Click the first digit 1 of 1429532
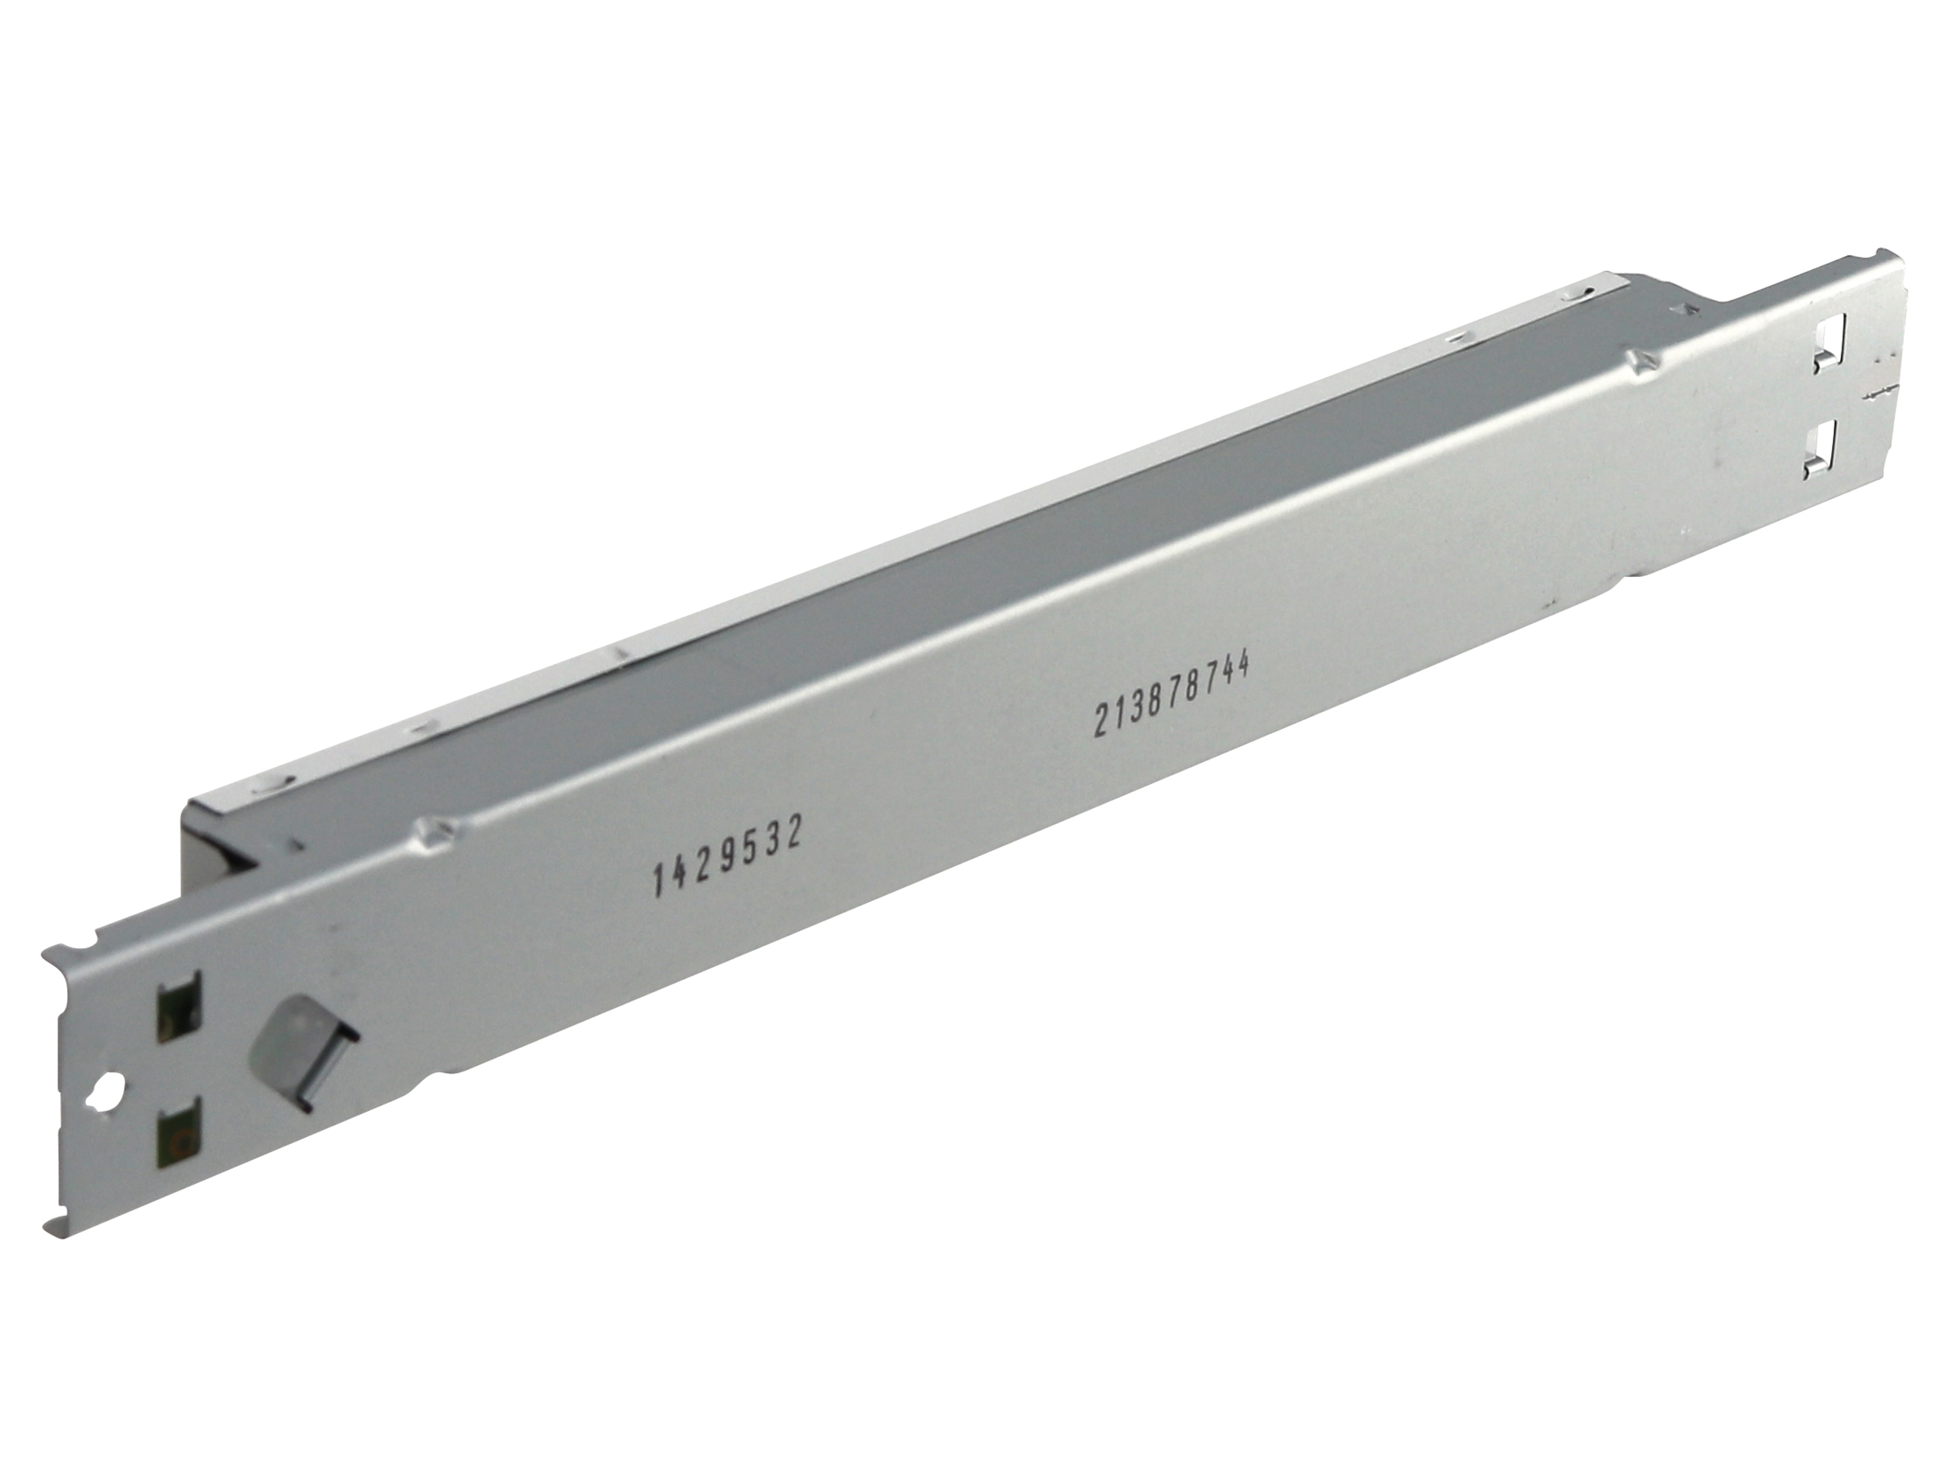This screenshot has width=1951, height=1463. click(657, 880)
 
